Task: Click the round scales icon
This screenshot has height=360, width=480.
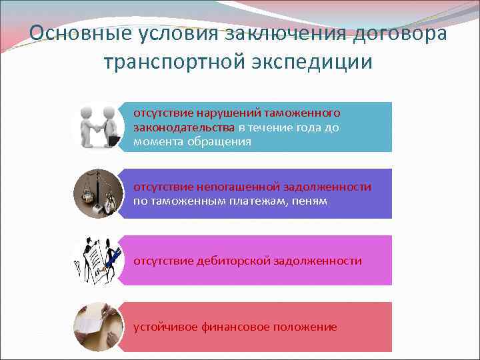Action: click(98, 193)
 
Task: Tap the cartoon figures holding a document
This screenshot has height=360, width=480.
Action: click(98, 260)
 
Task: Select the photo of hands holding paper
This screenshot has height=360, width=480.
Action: click(98, 327)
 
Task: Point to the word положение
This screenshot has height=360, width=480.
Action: click(305, 327)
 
